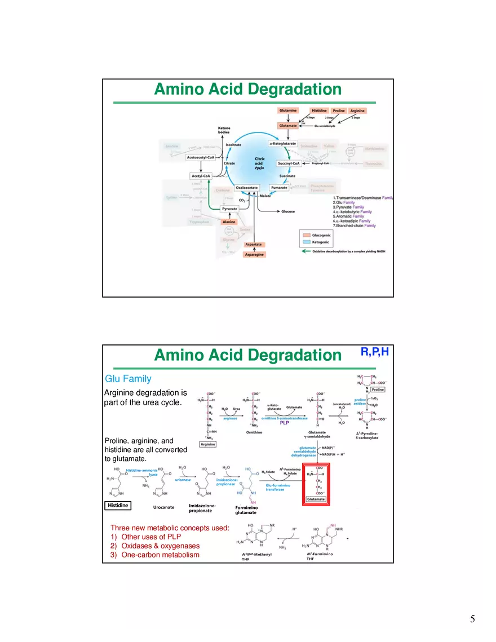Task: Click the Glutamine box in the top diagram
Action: tap(288, 110)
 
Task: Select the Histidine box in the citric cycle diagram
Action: tap(319, 110)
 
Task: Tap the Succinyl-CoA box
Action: tap(289, 163)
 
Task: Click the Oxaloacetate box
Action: tap(247, 188)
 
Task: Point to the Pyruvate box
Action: tap(229, 209)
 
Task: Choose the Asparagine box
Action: tap(254, 255)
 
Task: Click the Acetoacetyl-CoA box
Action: tap(201, 158)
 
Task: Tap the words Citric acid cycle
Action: tap(259, 163)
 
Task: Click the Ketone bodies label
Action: tap(224, 130)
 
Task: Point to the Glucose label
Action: tap(288, 211)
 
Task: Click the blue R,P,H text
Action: tap(374, 352)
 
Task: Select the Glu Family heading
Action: tap(128, 379)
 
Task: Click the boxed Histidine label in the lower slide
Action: tap(118, 506)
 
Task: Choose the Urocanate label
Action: tap(164, 507)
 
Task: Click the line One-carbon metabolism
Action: tap(160, 555)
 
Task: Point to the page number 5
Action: tap(472, 619)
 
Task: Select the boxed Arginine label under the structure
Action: tap(209, 444)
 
